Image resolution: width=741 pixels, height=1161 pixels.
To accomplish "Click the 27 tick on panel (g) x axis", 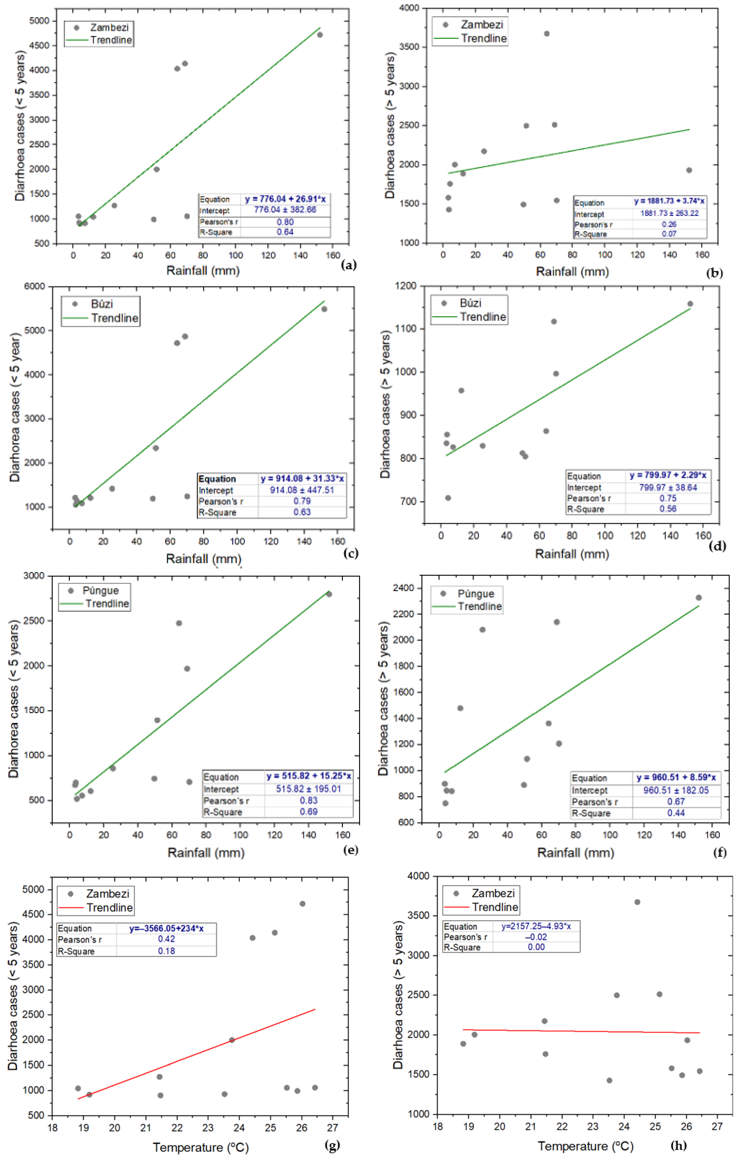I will [333, 1128].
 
